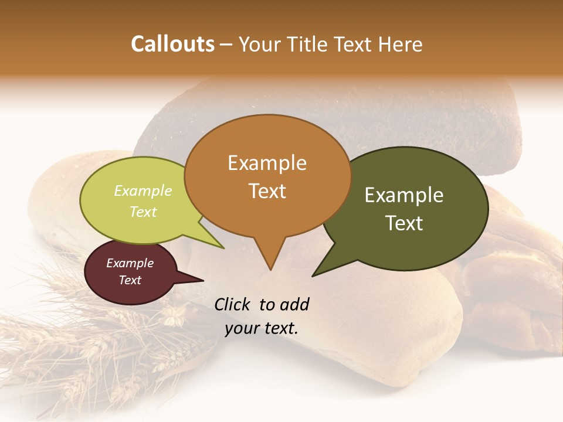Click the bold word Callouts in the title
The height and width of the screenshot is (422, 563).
(172, 44)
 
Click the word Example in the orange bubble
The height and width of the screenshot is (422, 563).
(267, 163)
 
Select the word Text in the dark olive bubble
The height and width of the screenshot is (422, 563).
(405, 223)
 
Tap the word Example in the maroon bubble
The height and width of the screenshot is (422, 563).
(130, 263)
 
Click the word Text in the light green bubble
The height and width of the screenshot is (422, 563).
(143, 212)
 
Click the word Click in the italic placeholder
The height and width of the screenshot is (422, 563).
(233, 304)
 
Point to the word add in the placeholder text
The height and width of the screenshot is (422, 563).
(294, 304)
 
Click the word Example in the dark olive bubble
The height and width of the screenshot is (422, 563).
(405, 195)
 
